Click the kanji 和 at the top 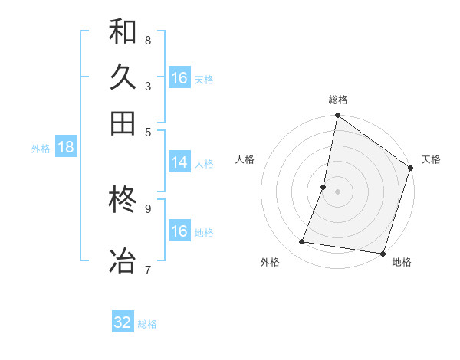pyautogui.click(x=123, y=31)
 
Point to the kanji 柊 pyautogui.click(x=123, y=201)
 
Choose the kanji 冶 pyautogui.click(x=123, y=260)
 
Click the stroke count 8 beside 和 pyautogui.click(x=148, y=41)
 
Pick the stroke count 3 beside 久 pyautogui.click(x=148, y=86)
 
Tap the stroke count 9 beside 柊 pyautogui.click(x=148, y=208)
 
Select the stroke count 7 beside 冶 pyautogui.click(x=148, y=269)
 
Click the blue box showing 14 pyautogui.click(x=179, y=162)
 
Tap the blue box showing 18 pyautogui.click(x=66, y=148)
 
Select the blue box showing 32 pyautogui.click(x=123, y=322)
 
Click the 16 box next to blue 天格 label pyautogui.click(x=179, y=78)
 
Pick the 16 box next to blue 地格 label pyautogui.click(x=179, y=231)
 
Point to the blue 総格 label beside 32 pyautogui.click(x=148, y=324)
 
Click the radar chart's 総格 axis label pyautogui.click(x=338, y=100)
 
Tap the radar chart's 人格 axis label pyautogui.click(x=245, y=159)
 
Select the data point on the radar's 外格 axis pyautogui.click(x=302, y=242)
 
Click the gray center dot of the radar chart pyautogui.click(x=337, y=191)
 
